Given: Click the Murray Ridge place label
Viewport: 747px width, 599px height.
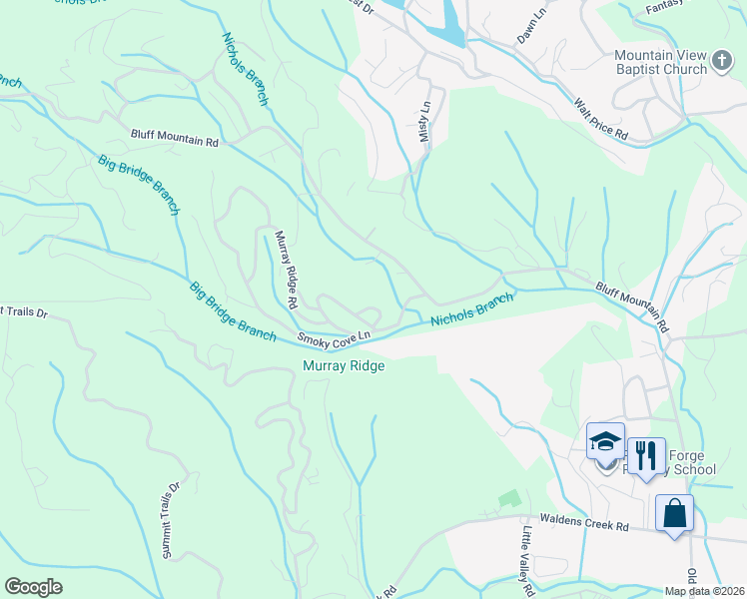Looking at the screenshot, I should (344, 365).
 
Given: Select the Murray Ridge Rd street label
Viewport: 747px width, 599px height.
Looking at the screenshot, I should (286, 269).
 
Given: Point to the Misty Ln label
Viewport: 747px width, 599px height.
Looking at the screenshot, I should (425, 120).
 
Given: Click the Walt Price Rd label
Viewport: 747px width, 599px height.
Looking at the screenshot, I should (600, 118).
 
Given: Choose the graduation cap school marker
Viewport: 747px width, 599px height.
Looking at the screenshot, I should (605, 440).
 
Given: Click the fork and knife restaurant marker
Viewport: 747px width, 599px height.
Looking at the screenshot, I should (646, 455).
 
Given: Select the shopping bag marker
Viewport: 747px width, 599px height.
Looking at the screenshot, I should (675, 513).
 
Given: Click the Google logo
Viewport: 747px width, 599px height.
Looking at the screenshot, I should (34, 586).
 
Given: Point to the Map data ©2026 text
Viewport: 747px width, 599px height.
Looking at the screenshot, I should (703, 591).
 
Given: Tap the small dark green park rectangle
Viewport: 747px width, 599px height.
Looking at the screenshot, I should (510, 496).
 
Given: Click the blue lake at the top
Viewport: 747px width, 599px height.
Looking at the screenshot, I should (445, 20).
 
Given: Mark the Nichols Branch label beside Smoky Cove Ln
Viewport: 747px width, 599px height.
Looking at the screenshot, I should (472, 308).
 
